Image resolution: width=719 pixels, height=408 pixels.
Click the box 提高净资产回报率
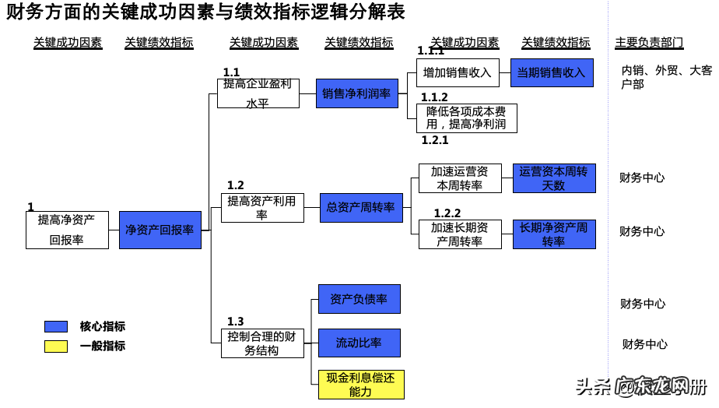click(x=67, y=230)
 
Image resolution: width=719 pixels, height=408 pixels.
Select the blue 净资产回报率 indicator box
click(x=160, y=230)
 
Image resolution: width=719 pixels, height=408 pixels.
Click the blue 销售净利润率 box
click(x=356, y=93)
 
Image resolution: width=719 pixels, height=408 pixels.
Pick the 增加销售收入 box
click(x=457, y=72)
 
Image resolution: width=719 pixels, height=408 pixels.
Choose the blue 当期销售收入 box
click(x=552, y=72)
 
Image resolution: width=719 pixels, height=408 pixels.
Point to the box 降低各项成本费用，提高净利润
click(x=466, y=118)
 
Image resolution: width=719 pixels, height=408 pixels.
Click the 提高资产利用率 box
click(x=261, y=208)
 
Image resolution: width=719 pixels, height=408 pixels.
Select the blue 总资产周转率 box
click(x=361, y=208)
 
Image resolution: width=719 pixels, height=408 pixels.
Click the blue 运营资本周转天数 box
click(x=554, y=178)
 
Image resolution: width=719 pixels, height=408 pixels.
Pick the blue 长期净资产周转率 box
click(x=554, y=234)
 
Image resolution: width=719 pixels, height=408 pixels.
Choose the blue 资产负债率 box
click(x=359, y=299)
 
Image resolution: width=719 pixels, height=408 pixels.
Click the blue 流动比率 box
click(x=359, y=343)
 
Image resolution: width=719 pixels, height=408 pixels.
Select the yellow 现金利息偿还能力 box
click(x=361, y=385)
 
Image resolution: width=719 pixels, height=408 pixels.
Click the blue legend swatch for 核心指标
click(x=56, y=326)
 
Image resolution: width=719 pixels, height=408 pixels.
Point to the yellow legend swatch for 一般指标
click(x=56, y=346)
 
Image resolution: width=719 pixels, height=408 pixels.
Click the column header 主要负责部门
click(x=650, y=43)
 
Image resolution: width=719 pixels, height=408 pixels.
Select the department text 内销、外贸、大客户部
click(x=665, y=77)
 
